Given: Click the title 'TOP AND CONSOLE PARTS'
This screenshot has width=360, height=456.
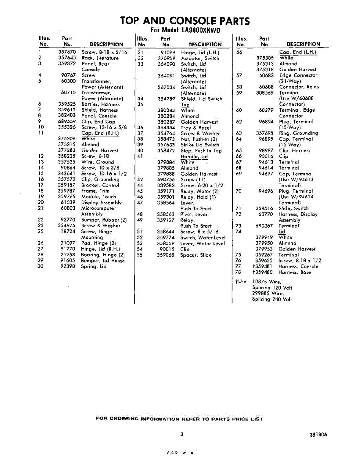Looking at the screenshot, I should (185, 21).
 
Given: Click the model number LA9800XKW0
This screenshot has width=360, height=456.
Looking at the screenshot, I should (201, 30).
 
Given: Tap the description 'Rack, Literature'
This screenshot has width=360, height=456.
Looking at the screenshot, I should (100, 58).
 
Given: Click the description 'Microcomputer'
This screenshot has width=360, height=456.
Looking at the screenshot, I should (98, 208).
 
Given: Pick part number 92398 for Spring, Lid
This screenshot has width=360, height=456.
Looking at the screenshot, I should (68, 266).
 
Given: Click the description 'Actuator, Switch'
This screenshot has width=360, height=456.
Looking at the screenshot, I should (200, 59).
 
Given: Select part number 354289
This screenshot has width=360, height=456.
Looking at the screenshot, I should (166, 99).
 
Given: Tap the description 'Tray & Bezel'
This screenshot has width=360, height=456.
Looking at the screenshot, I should (195, 128).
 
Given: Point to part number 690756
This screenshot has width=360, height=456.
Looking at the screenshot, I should (166, 180).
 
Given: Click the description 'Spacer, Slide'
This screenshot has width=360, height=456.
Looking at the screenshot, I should (196, 255).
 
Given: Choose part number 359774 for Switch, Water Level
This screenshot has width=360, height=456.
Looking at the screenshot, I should (166, 238).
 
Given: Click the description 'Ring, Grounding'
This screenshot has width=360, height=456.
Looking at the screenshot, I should (298, 133).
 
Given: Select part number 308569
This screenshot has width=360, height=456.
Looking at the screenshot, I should (265, 93).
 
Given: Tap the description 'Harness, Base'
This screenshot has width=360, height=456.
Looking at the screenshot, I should (294, 272).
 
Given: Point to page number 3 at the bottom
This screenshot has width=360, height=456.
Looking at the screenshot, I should (182, 435).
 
